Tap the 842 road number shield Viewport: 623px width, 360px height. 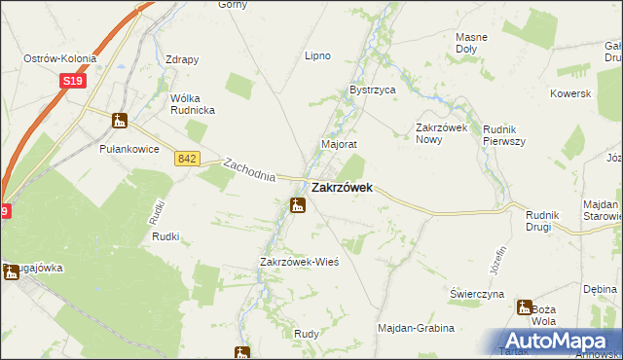coord(189,158)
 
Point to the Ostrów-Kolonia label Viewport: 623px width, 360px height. coord(60,59)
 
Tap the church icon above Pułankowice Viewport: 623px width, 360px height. coord(120,121)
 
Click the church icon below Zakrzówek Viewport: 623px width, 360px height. coord(298,204)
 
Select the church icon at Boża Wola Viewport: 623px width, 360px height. coord(525,307)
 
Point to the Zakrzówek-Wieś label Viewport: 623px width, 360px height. coord(298,263)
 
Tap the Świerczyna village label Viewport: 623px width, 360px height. coord(476,293)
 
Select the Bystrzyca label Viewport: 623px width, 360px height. coord(372,90)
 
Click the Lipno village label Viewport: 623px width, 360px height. coord(318,55)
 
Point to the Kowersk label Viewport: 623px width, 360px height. coord(570,93)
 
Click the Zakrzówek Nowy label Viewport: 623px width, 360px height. coord(443,133)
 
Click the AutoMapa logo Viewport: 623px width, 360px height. coord(558,340)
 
